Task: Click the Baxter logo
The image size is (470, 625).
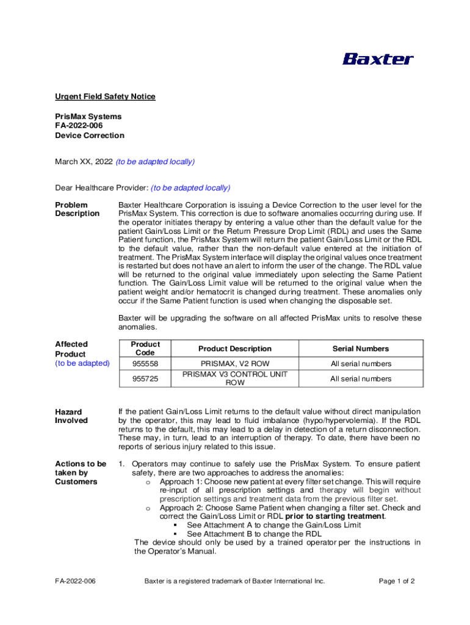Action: click(x=378, y=59)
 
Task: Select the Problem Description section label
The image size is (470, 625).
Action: click(x=77, y=209)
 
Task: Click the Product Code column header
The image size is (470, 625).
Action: click(x=145, y=349)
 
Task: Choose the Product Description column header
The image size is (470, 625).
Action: click(x=235, y=349)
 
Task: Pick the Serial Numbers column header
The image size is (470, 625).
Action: click(x=361, y=349)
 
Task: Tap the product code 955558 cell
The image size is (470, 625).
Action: click(x=145, y=364)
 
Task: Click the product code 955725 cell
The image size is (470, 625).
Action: click(x=145, y=379)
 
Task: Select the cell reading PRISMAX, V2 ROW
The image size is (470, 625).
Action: click(x=235, y=364)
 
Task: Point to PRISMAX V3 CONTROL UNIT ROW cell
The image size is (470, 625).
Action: click(x=235, y=378)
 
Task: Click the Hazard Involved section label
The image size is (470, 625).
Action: click(x=71, y=416)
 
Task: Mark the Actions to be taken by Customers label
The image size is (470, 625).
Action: click(x=81, y=472)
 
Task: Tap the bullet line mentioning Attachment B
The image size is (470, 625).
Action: click(x=255, y=534)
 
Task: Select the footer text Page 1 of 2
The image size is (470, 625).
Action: click(x=397, y=581)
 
